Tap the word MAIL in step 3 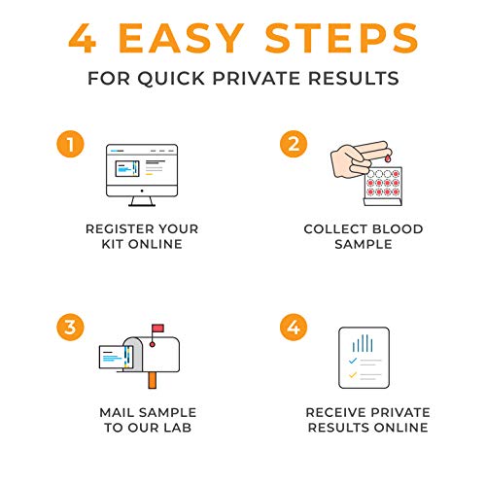click(118, 411)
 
